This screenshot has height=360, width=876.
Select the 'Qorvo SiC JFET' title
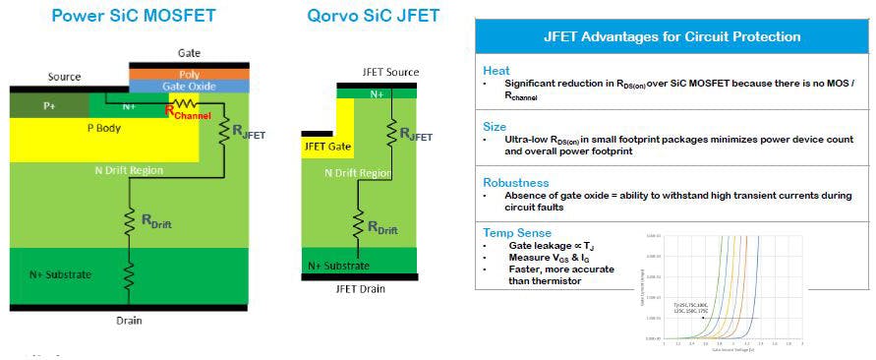373,16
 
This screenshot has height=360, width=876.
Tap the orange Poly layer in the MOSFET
188,73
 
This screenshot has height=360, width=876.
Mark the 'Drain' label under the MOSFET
129,322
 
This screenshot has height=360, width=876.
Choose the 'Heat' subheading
497,71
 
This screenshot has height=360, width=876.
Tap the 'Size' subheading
496,127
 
